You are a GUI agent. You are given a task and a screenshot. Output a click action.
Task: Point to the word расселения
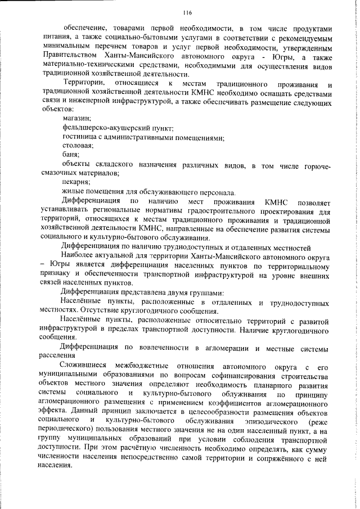click(60, 355)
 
